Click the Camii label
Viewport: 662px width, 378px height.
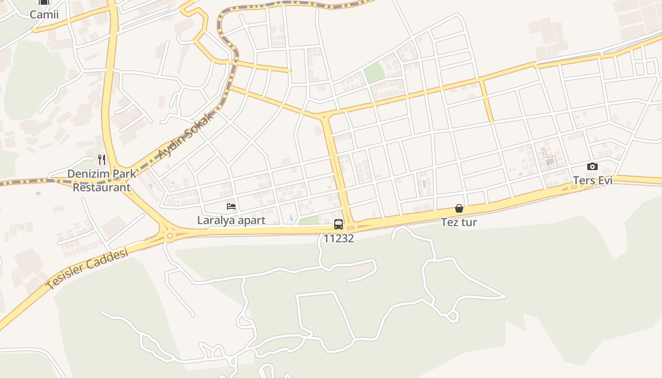[44, 14]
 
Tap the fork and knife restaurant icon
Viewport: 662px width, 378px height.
[102, 160]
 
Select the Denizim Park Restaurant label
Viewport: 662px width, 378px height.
[101, 180]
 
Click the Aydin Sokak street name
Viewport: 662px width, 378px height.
[185, 136]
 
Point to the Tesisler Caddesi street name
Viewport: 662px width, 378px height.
[87, 268]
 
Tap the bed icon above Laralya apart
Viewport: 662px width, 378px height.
[231, 206]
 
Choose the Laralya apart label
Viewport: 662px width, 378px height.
[231, 220]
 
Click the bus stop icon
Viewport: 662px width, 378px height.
[339, 224]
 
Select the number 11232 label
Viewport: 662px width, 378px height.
[339, 238]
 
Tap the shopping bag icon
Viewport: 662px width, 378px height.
[459, 208]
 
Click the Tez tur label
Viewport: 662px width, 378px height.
[459, 222]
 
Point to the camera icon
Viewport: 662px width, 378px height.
[592, 166]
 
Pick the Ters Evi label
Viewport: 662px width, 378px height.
[592, 180]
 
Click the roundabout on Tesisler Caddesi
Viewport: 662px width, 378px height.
[169, 235]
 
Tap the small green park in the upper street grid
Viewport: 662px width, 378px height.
[374, 72]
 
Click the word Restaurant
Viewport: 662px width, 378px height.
[101, 187]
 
